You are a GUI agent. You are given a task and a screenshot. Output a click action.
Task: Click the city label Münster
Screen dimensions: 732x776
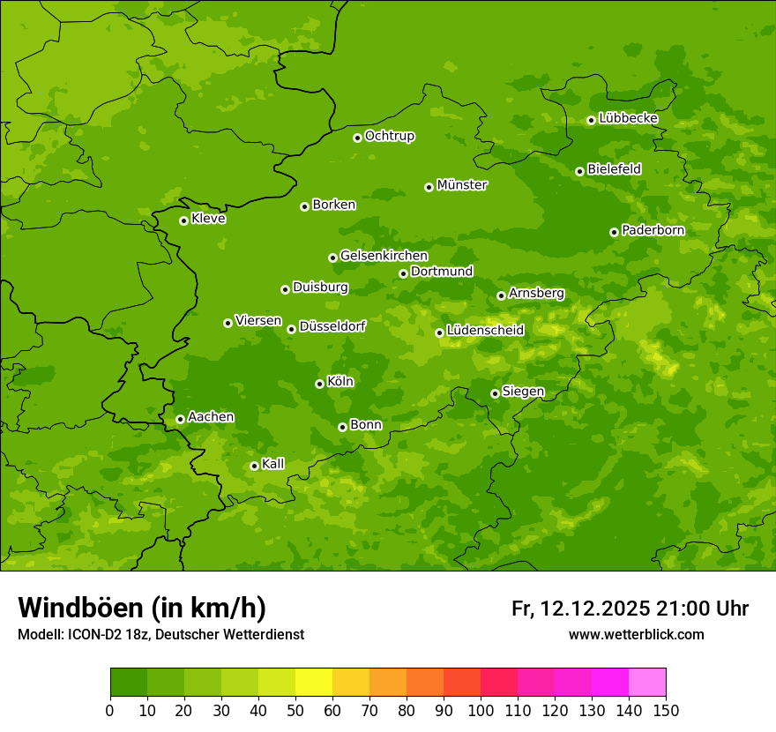(462, 185)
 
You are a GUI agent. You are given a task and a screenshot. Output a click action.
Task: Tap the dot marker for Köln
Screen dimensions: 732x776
(319, 384)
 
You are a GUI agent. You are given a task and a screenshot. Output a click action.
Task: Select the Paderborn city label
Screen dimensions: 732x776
(653, 230)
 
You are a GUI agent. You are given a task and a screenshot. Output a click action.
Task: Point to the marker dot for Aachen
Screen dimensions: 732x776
(180, 419)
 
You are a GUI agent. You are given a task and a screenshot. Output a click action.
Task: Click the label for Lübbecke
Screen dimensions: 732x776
(628, 118)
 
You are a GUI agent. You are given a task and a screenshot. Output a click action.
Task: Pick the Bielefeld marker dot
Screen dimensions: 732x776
(579, 171)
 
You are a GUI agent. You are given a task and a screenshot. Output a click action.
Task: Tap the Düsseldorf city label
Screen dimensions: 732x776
(332, 326)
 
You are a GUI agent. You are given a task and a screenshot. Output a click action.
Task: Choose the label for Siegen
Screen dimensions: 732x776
(523, 392)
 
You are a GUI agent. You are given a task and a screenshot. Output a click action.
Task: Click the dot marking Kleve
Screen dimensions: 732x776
(183, 220)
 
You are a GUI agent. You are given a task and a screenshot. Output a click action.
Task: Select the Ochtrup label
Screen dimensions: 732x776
(390, 136)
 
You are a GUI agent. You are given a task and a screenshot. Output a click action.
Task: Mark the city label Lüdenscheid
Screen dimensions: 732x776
(485, 331)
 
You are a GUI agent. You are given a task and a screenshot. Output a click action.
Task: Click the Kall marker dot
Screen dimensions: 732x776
(254, 466)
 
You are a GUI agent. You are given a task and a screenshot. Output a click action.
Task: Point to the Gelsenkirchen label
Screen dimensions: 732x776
(384, 256)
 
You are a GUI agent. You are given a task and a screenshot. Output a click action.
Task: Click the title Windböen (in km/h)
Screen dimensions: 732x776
(142, 608)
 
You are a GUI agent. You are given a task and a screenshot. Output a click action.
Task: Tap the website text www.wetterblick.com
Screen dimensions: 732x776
(636, 634)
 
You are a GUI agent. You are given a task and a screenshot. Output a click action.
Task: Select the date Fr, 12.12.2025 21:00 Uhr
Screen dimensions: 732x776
(630, 609)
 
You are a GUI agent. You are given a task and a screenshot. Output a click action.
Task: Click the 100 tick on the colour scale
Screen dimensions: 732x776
(481, 710)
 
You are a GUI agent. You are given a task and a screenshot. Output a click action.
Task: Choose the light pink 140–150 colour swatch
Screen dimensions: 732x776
(647, 683)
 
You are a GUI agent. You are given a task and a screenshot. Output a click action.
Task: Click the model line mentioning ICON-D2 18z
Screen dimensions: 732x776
(160, 634)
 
